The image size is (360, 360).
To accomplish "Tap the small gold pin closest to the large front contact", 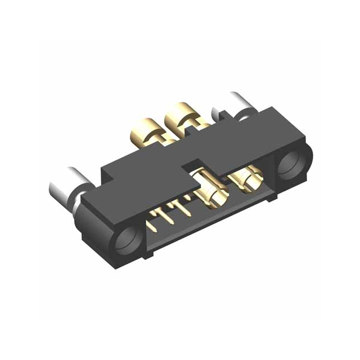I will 186,208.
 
